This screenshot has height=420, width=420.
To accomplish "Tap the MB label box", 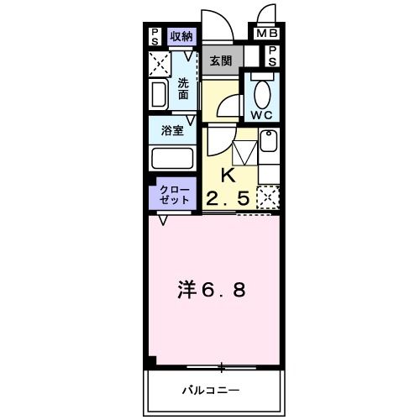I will point(265,34).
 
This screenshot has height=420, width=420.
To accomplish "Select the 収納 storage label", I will point(181,35).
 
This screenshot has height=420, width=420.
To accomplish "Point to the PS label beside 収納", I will point(155,35).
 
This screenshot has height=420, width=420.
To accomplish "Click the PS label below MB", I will point(273,55).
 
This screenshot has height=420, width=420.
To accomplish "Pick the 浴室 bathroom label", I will point(173,131).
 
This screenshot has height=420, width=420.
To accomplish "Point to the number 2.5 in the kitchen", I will point(228,199).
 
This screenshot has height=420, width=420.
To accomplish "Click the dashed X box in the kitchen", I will point(268,198).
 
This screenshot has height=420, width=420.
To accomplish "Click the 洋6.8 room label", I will point(212,291).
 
